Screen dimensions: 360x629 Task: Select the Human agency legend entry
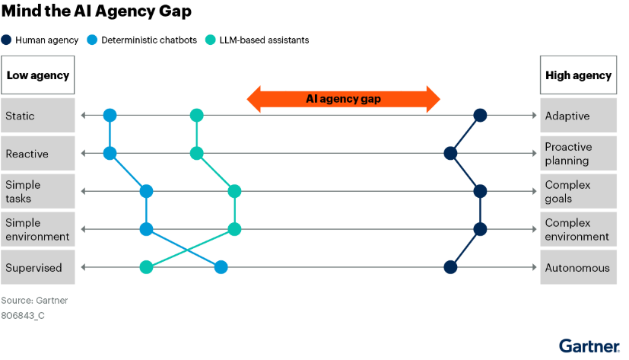(x=41, y=40)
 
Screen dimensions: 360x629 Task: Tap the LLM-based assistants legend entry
(x=259, y=40)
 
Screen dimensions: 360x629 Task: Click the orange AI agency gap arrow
(x=344, y=99)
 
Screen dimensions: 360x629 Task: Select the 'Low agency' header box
(x=37, y=75)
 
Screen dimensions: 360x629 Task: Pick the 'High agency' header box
(x=578, y=75)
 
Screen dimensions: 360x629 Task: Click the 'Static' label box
(x=37, y=116)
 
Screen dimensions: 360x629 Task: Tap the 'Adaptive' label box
(x=578, y=116)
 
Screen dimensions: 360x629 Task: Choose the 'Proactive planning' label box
(x=578, y=154)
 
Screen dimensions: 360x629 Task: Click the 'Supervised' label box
(x=37, y=268)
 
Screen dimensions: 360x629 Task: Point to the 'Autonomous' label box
(x=578, y=268)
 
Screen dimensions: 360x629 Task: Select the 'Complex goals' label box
(x=578, y=192)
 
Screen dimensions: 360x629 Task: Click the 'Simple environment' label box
(x=37, y=230)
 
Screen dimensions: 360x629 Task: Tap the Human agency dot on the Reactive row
(x=450, y=154)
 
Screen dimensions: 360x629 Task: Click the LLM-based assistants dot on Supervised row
(x=146, y=267)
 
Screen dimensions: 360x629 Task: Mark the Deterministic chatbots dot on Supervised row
(x=221, y=267)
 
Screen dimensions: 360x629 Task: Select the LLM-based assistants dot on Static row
(x=196, y=116)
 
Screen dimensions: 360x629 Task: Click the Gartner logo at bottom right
(x=589, y=346)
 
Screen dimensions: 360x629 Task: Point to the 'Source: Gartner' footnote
(x=34, y=301)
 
